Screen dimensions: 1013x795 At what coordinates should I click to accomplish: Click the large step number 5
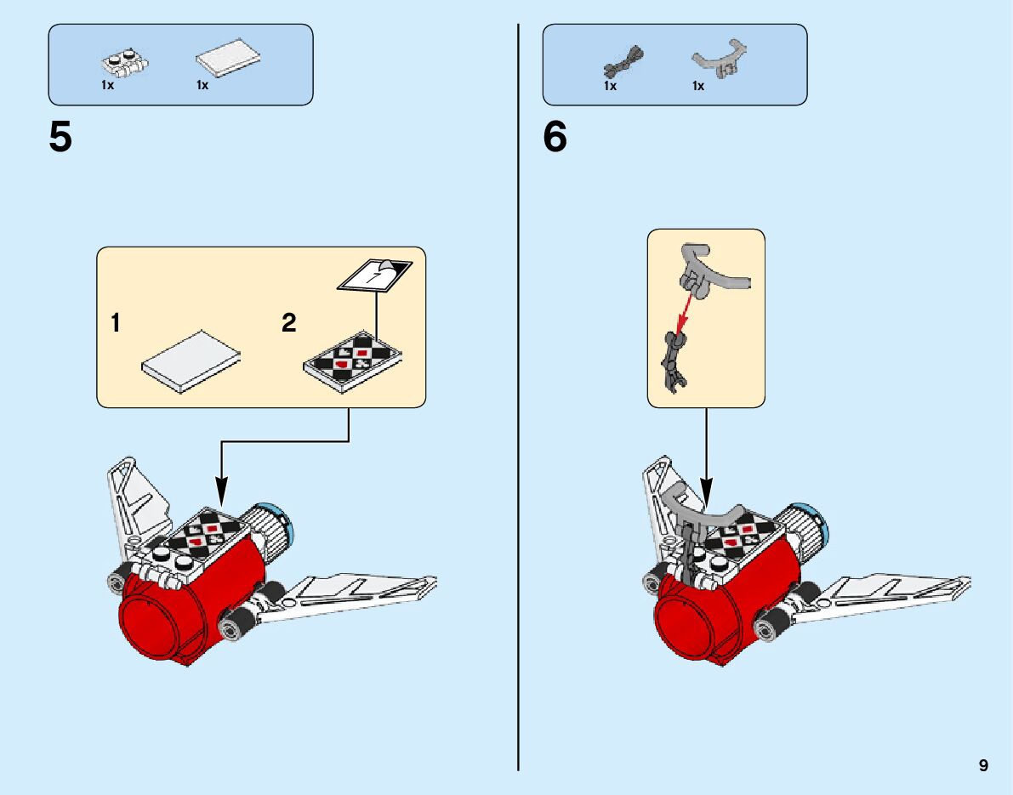pos(60,138)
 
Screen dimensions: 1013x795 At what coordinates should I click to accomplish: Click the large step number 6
pos(555,138)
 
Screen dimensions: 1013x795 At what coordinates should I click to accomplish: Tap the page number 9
pos(983,765)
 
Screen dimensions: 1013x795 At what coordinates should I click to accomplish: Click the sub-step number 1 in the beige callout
pos(116,323)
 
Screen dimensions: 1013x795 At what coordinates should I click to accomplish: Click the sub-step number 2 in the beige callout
pos(289,323)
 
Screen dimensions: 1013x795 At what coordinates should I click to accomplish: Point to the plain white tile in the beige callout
pos(190,359)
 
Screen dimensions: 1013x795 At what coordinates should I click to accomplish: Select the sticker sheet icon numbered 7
pos(374,275)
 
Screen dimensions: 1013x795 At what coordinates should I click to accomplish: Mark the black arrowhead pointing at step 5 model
pos(221,490)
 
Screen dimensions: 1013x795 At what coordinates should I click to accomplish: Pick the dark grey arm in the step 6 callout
pos(672,361)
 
